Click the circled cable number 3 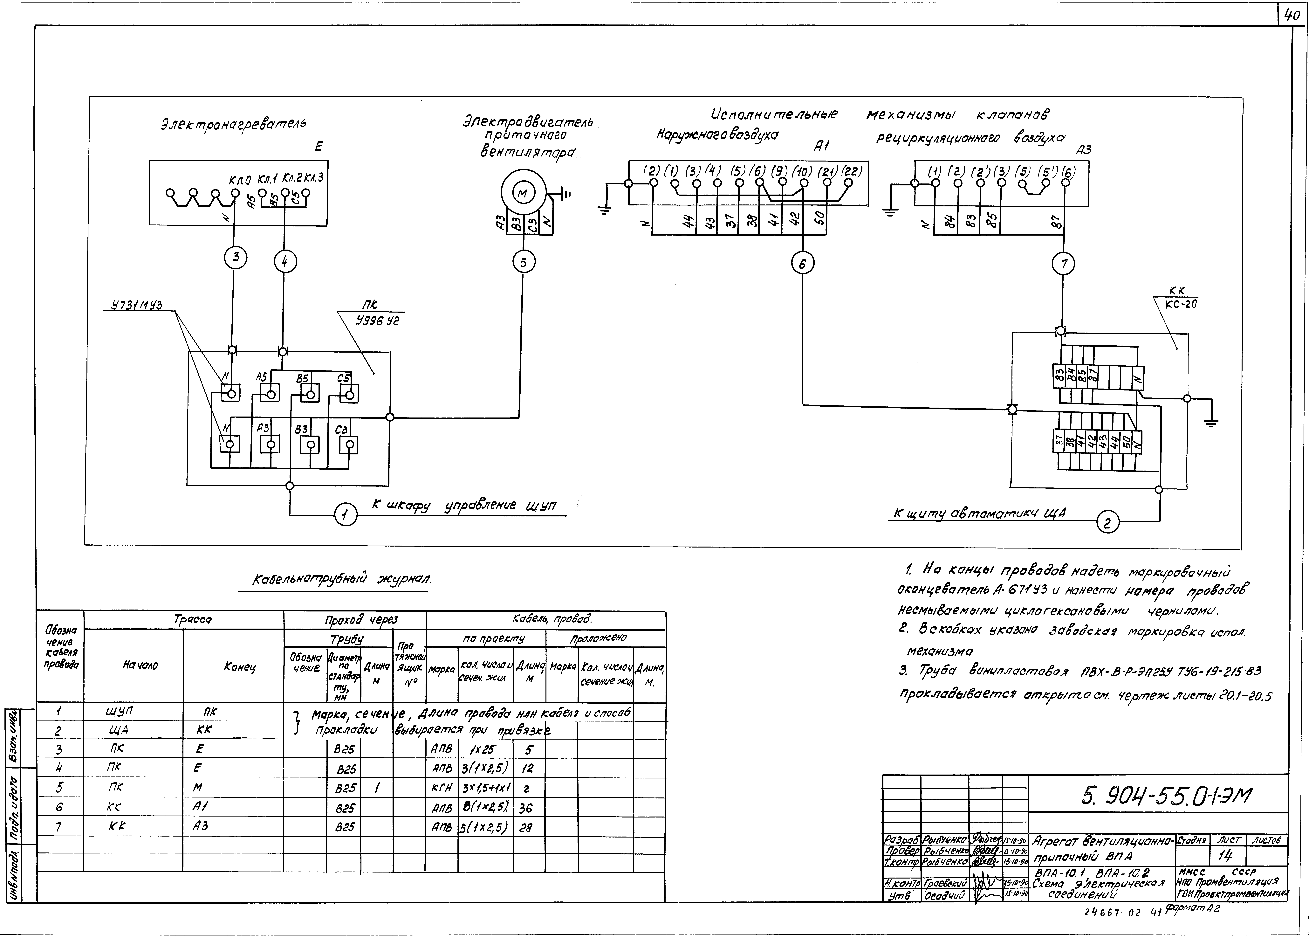pos(236,258)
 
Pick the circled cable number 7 pos(1064,264)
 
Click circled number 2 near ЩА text pos(1107,524)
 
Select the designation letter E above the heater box pos(318,147)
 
